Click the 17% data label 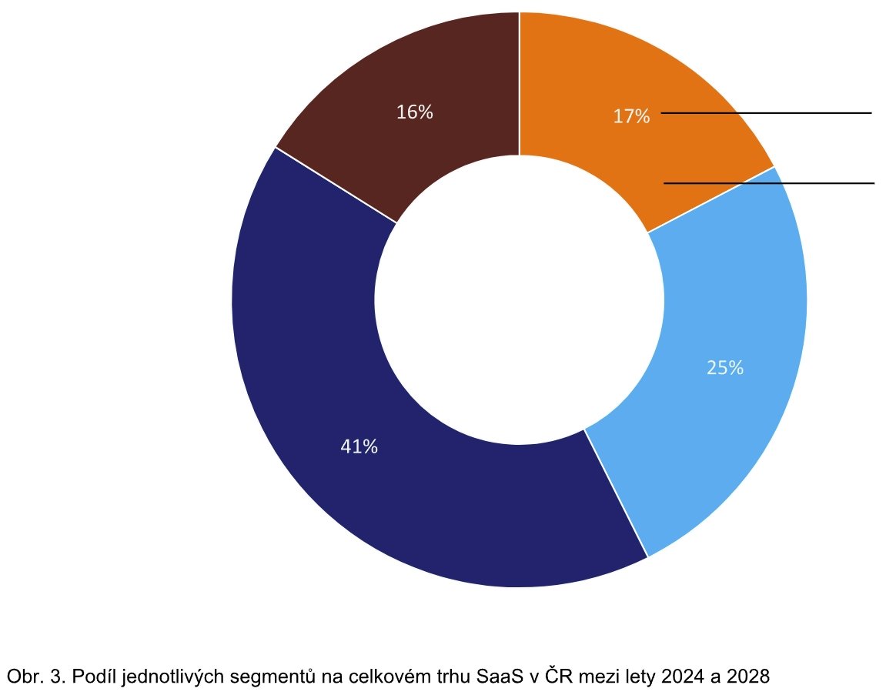tap(631, 117)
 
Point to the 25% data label tap(725, 368)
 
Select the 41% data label tap(359, 446)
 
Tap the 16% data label tap(415, 112)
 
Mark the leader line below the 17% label tap(770, 183)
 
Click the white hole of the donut tap(520, 300)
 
